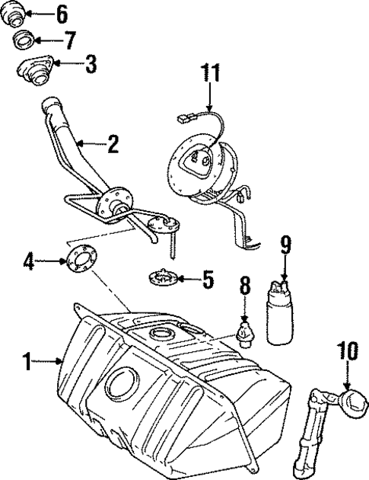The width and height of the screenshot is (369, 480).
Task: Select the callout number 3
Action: pos(91,63)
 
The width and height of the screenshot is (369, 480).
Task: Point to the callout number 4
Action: pos(29,263)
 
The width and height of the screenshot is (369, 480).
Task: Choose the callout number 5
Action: pos(207,280)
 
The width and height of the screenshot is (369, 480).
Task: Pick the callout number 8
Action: pos(245,288)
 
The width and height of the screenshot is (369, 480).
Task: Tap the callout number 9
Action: pos(285,245)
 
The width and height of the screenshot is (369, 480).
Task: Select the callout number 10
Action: pos(348,352)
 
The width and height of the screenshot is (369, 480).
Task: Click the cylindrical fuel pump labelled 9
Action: pos(278,314)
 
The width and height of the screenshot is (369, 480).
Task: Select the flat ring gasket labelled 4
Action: pos(81,259)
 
